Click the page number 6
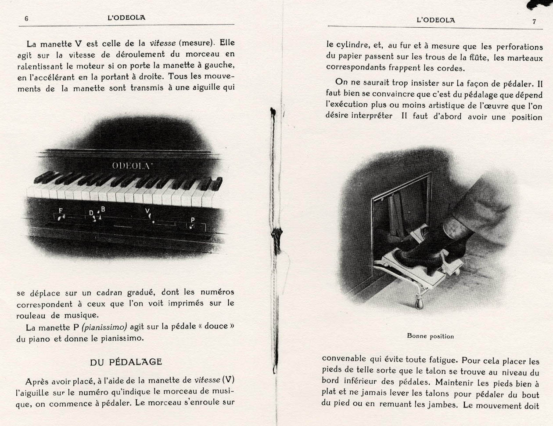pyautogui.click(x=27, y=19)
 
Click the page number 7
pyautogui.click(x=534, y=21)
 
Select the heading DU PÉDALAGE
pyautogui.click(x=126, y=362)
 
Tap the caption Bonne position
pyautogui.click(x=430, y=336)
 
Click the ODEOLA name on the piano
pyautogui.click(x=129, y=165)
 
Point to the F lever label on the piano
pyautogui.click(x=61, y=211)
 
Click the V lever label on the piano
pyautogui.click(x=147, y=211)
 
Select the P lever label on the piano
pyautogui.click(x=193, y=220)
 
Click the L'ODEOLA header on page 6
pyautogui.click(x=126, y=18)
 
